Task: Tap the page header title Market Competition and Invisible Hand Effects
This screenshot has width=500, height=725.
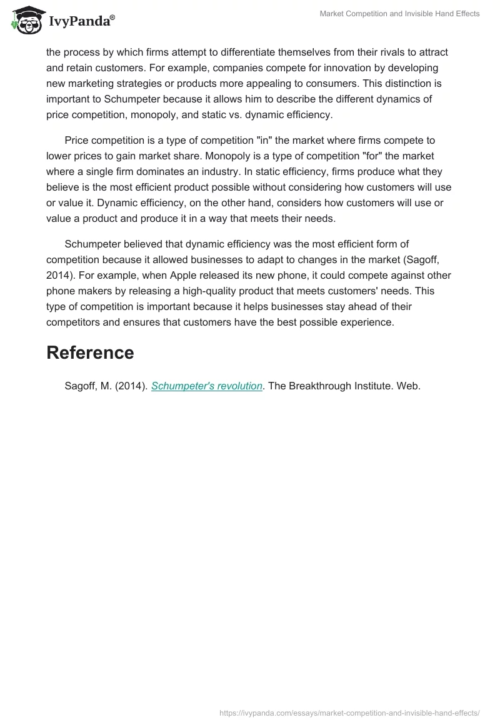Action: (x=399, y=14)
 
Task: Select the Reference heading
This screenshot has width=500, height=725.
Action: (x=90, y=352)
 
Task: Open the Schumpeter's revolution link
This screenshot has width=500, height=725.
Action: (x=206, y=386)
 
